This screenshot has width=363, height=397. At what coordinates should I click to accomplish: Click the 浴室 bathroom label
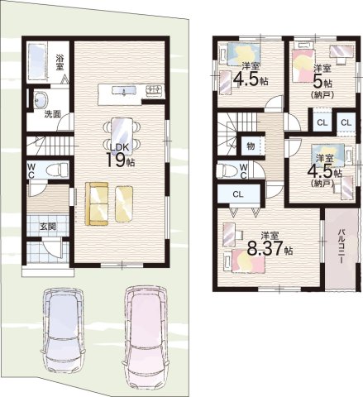tap(60, 62)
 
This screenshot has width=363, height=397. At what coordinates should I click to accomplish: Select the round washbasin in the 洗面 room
tap(41, 100)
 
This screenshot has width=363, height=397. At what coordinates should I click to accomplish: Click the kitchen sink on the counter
tap(124, 90)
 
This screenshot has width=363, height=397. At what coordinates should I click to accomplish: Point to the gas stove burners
tap(155, 91)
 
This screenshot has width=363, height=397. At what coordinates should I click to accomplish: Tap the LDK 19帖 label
tap(120, 155)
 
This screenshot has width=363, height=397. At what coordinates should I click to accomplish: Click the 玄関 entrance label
tap(48, 227)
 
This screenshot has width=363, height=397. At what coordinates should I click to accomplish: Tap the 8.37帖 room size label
tap(270, 248)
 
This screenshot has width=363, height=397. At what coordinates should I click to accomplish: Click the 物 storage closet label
tap(251, 146)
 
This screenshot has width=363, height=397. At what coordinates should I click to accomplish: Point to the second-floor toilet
tap(227, 171)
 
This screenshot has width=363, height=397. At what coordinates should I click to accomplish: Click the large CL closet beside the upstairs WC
tap(239, 194)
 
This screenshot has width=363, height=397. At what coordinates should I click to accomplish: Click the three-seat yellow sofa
tap(97, 203)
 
